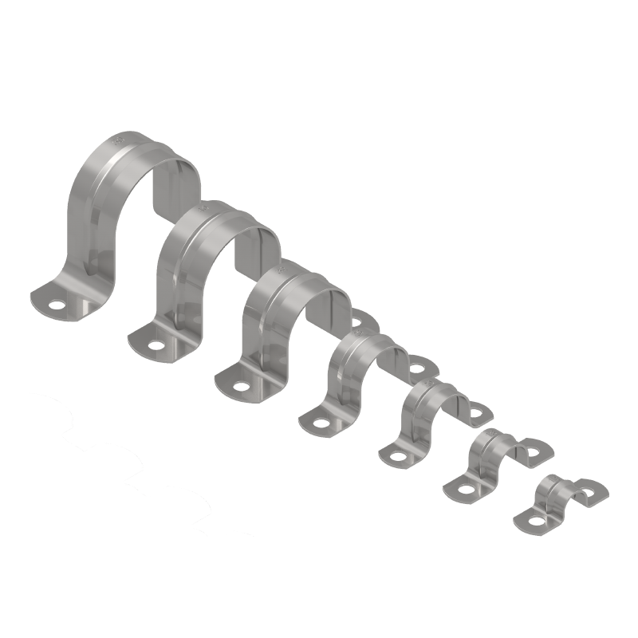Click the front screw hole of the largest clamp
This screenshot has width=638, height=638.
point(56,304)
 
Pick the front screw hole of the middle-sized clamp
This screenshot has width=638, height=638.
point(322,423)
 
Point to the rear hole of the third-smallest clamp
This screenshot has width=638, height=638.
point(480,412)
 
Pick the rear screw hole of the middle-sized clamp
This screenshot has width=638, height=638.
point(418,367)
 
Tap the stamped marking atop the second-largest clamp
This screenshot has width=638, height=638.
point(206,209)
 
